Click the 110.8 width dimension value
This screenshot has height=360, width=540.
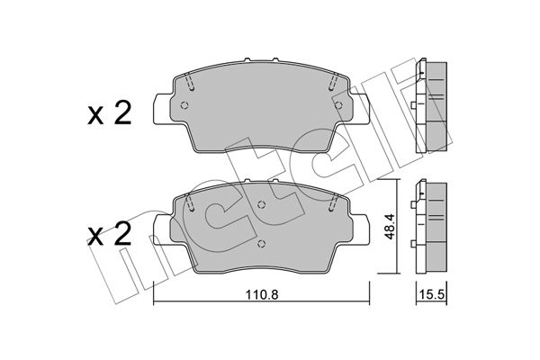pos(262,295)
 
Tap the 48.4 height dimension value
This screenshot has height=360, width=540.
pos(390,227)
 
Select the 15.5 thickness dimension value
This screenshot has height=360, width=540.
pos(433,295)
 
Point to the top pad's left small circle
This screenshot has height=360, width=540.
pos(184,105)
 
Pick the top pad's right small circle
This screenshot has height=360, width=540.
pos(339,105)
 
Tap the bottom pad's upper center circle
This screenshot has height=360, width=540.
pos(261,204)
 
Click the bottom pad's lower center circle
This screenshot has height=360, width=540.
pos(261,244)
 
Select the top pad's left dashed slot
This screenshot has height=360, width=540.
pos(190,82)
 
